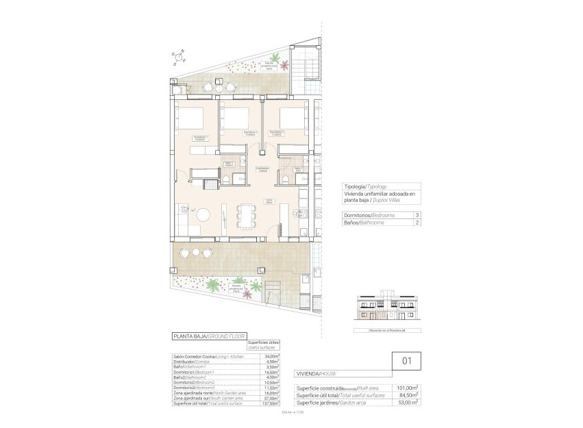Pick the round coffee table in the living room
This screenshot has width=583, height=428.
click(203, 215)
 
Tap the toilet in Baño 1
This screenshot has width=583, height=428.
click(226, 179)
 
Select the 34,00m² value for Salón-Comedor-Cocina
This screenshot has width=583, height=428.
click(271, 357)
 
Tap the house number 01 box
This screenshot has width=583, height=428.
click(405, 360)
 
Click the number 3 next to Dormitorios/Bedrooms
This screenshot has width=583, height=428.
click(417, 215)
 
